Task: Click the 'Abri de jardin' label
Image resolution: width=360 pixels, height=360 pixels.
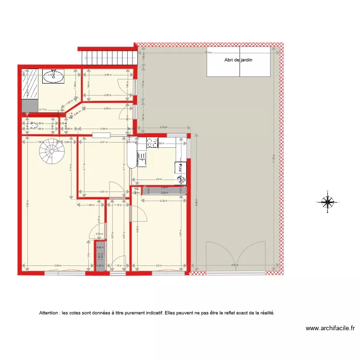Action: point(238,60)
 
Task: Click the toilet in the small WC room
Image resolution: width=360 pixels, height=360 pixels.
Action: point(32,126)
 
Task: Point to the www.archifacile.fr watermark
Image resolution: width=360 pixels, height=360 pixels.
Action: point(330,329)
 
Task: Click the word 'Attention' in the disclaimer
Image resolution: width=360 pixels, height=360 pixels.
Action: point(51,313)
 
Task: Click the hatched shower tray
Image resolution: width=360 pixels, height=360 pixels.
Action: point(31,84)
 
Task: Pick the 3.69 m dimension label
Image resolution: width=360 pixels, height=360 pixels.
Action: point(57,266)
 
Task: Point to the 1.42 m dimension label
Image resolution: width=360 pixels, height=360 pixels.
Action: point(90,205)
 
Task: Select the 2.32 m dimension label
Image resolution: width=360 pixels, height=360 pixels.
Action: point(163,201)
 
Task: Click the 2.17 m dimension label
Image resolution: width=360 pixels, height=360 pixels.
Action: point(43,109)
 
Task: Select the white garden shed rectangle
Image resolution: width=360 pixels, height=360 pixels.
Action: point(238,64)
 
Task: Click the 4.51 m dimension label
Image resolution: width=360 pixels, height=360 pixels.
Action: point(234,265)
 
